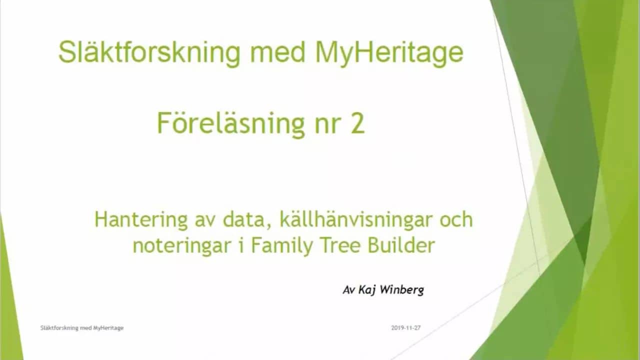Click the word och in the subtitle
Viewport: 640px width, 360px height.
pyautogui.click(x=453, y=220)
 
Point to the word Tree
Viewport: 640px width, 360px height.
pyautogui.click(x=339, y=245)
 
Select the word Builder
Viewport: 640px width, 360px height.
pyautogui.click(x=401, y=245)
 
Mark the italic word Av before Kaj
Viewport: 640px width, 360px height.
pyautogui.click(x=348, y=290)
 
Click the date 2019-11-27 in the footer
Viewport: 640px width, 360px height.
pyautogui.click(x=406, y=328)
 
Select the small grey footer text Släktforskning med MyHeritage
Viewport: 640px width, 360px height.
pyautogui.click(x=81, y=328)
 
